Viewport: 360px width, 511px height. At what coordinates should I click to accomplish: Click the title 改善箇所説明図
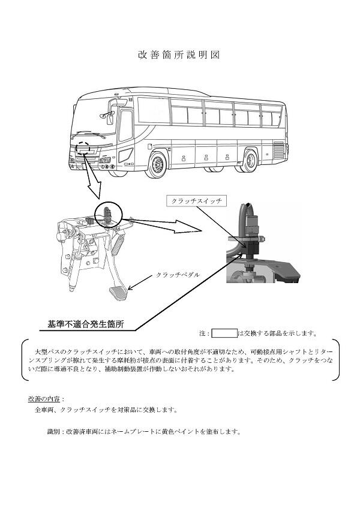coord(179,55)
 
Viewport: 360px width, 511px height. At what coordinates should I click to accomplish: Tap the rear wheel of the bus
coord(249,160)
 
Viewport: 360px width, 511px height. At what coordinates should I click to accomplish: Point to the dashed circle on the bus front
coord(83,146)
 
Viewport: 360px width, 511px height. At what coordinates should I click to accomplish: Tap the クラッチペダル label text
coord(178,275)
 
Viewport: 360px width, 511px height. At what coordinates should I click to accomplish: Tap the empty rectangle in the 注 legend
coord(224,333)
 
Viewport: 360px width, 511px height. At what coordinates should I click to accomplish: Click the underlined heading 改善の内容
coord(45,399)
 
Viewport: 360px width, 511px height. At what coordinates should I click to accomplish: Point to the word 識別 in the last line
coord(55,431)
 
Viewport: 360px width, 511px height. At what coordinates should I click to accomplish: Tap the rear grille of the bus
coord(278,151)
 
